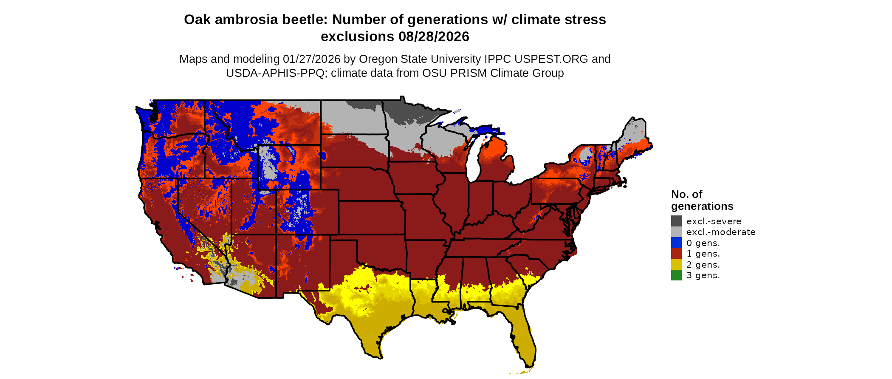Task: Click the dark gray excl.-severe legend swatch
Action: pos(676,221)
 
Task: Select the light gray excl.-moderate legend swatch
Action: pos(676,232)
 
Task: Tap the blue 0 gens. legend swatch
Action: pos(676,243)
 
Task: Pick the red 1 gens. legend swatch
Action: pos(676,254)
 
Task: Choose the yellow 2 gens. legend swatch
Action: pos(676,265)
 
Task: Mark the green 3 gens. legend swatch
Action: pos(676,275)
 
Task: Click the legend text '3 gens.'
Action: pos(703,275)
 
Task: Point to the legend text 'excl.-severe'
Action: pos(714,221)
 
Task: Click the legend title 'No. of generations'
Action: pos(702,200)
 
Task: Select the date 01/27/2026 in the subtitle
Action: pos(311,59)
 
